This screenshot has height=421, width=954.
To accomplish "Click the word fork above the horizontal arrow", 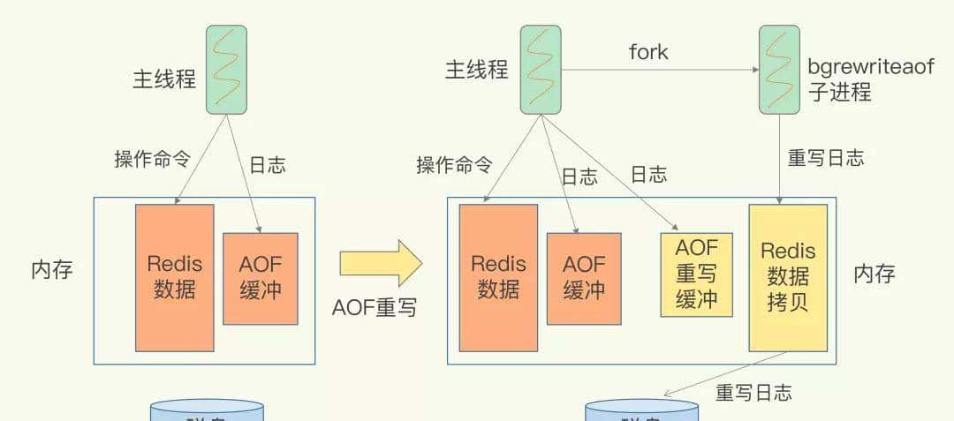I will click(x=648, y=52).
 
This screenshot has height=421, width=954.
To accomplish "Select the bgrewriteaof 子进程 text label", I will click(x=869, y=79).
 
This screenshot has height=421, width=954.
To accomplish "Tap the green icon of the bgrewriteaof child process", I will click(x=779, y=70).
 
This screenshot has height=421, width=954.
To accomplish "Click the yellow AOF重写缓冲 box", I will click(x=696, y=274).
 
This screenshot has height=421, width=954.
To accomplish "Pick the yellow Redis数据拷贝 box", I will click(x=788, y=277).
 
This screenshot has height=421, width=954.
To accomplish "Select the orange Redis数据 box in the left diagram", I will click(x=174, y=277).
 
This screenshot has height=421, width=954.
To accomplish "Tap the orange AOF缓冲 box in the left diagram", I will click(x=260, y=278).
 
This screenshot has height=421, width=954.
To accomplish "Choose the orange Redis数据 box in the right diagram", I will click(x=498, y=277).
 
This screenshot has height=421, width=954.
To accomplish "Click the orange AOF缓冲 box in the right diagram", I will click(x=583, y=278).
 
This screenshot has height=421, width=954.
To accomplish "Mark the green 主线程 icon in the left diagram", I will click(x=226, y=70).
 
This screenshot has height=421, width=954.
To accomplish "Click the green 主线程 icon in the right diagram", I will click(x=541, y=70).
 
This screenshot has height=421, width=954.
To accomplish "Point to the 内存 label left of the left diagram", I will click(x=52, y=270).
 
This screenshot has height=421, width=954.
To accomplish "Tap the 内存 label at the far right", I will click(x=874, y=274).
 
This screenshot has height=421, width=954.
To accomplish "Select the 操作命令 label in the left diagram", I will click(x=152, y=159).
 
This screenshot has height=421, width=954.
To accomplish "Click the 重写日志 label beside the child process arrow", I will click(x=825, y=158).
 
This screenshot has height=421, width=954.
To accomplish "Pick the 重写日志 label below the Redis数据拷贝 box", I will click(x=753, y=393).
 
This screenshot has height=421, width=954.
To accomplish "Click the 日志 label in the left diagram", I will click(x=267, y=165).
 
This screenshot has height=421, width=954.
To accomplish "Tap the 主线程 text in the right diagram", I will click(x=477, y=70).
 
